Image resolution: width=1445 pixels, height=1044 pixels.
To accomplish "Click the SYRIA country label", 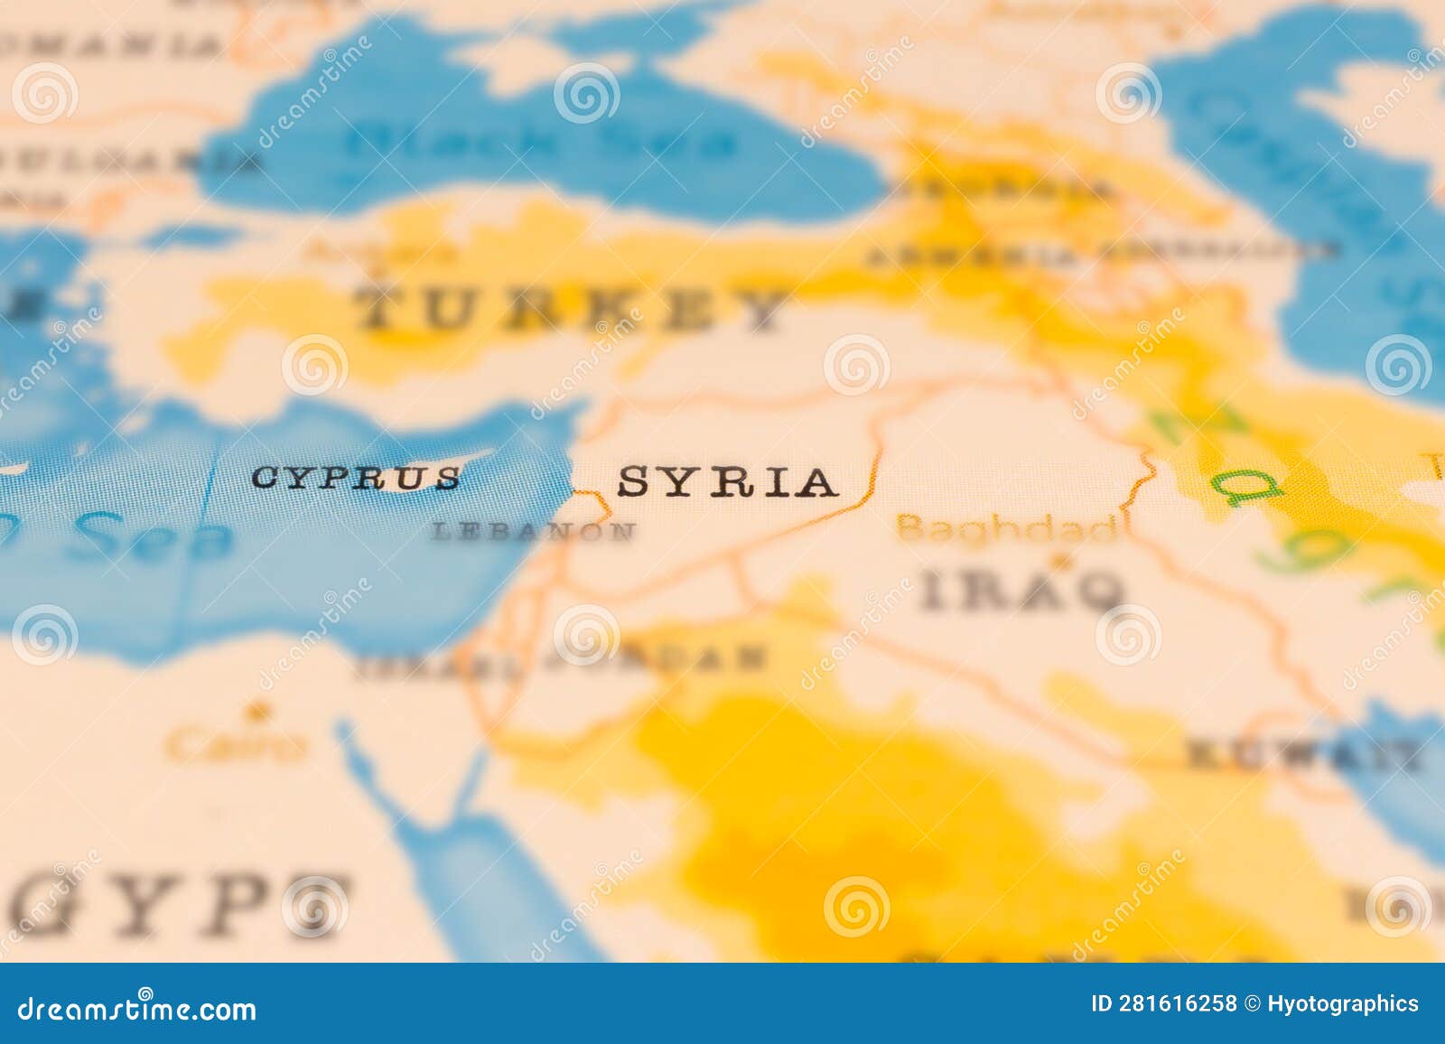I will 727,482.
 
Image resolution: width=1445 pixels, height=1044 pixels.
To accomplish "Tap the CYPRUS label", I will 356,478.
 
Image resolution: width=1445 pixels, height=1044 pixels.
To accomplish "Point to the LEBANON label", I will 533,531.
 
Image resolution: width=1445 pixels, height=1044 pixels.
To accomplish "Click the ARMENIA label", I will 971,256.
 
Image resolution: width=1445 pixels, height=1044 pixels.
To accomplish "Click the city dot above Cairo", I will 263,710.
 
